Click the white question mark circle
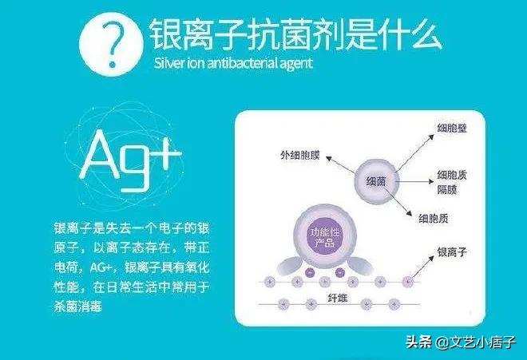click(x=111, y=44)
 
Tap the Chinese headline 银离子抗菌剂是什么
click(x=295, y=34)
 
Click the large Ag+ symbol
click(x=130, y=160)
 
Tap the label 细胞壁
click(x=452, y=129)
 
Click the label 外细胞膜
click(x=300, y=156)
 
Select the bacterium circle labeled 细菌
click(x=376, y=181)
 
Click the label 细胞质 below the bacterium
click(x=434, y=219)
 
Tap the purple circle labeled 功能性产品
click(x=324, y=237)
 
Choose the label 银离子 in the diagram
click(x=452, y=252)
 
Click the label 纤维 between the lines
click(x=338, y=299)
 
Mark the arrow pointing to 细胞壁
click(x=415, y=152)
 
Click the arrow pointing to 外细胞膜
click(x=340, y=164)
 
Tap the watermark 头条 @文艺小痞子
click(x=461, y=342)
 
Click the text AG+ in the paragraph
click(x=101, y=268)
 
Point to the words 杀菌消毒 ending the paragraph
click(x=77, y=307)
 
